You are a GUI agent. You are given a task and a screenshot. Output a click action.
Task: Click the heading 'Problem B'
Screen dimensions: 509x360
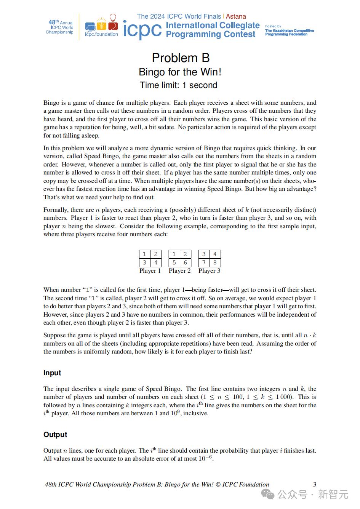tap(181, 58)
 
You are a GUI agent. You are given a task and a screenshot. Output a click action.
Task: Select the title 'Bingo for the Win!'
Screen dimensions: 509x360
tap(180, 72)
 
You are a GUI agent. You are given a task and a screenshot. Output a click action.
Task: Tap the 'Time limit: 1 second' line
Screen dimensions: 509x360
tap(178, 85)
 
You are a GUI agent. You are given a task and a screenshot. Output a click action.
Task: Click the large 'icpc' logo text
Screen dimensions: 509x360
tap(142, 30)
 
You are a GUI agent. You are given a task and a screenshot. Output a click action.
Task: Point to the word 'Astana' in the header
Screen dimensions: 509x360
tap(236, 16)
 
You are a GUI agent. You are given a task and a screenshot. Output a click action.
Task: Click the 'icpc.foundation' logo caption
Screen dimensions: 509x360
tap(101, 34)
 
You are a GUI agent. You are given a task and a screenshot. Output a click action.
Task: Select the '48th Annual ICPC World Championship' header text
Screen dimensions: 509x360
tap(60, 27)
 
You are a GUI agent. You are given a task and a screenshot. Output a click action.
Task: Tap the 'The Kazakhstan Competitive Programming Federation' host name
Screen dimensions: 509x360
tap(290, 32)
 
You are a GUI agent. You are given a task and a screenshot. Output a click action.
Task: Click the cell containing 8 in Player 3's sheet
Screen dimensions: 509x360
tap(215, 263)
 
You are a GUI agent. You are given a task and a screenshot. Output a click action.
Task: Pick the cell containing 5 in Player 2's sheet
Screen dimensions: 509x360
tap(174, 263)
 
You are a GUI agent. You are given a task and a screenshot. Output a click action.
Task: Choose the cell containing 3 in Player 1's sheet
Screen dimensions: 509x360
tap(144, 263)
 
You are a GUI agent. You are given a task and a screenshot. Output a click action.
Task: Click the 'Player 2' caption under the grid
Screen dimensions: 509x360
tap(180, 271)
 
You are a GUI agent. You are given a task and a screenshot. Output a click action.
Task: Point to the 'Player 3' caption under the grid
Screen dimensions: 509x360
tap(210, 271)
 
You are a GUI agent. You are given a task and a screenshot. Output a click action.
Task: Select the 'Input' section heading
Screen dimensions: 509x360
tap(52, 373)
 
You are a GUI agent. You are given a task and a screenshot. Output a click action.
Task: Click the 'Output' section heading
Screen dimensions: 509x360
tap(55, 435)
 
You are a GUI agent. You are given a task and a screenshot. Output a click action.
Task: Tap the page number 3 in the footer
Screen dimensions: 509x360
tap(315, 485)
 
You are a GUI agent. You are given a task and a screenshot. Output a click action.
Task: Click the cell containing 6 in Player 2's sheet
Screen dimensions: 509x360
tap(185, 263)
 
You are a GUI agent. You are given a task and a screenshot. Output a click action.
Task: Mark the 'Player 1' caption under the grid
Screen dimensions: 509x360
tap(150, 271)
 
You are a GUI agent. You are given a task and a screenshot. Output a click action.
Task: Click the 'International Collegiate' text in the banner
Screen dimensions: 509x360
tap(213, 26)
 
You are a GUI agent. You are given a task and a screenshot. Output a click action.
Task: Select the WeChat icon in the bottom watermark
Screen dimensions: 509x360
tap(269, 495)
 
